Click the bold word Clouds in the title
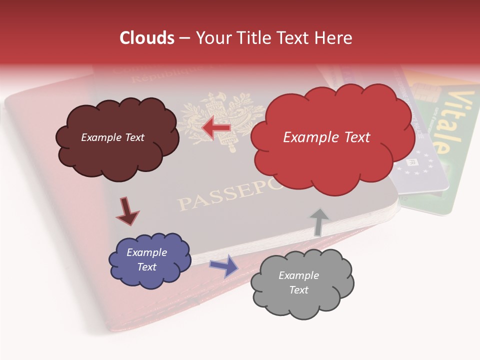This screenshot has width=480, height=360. point(147,38)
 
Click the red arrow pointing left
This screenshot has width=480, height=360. point(216,128)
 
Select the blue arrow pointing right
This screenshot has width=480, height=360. point(223,265)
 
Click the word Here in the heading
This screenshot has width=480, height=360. point(335,38)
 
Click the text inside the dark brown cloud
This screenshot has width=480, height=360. point(112,137)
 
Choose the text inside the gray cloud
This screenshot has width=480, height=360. point(298,282)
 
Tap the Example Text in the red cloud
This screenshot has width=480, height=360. point(326,137)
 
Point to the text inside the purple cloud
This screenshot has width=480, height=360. point(146,259)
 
